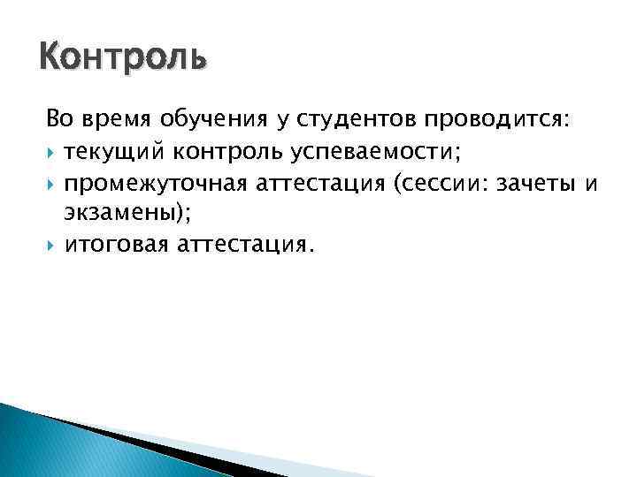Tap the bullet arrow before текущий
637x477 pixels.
pyautogui.click(x=53, y=152)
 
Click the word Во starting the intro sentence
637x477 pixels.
pyautogui.click(x=58, y=119)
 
